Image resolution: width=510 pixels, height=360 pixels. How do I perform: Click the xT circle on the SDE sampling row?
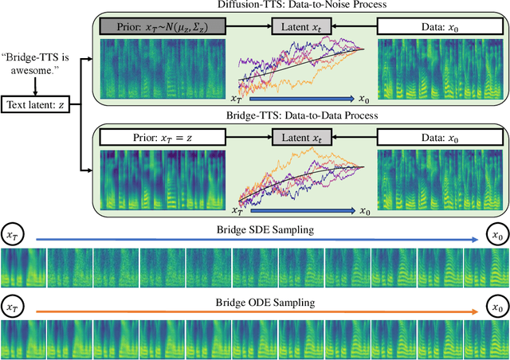point(14,236)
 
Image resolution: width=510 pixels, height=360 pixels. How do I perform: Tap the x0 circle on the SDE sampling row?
point(496,236)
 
